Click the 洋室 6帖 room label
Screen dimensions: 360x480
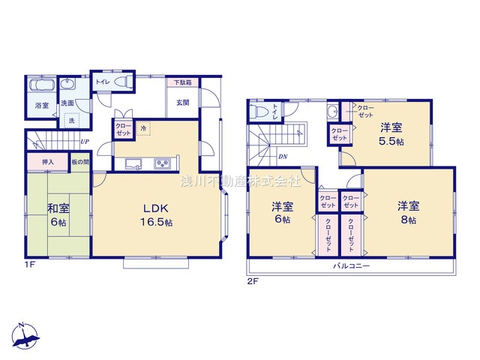[x=283, y=213]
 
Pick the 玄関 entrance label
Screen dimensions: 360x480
[x=182, y=102]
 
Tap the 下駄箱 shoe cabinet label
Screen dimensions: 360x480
[x=183, y=82]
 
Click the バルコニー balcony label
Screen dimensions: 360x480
[x=351, y=266]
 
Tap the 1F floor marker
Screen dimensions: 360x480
[x=28, y=265]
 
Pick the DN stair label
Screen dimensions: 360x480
[x=283, y=156]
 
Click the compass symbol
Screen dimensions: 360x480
[x=25, y=336]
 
